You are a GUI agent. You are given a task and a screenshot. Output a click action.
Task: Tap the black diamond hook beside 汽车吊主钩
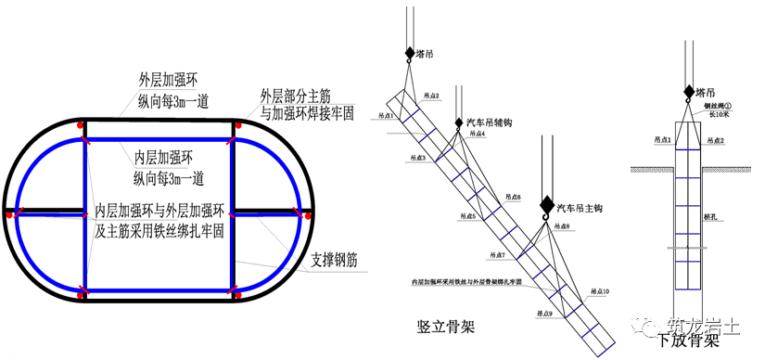pyautogui.click(x=545, y=205)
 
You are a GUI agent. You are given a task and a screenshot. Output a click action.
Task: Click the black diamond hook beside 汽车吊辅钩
pyautogui.click(x=458, y=123)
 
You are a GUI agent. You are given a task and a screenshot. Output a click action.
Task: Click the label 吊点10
pyautogui.click(x=600, y=289)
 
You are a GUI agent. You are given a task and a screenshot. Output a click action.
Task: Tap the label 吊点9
pyautogui.click(x=541, y=314)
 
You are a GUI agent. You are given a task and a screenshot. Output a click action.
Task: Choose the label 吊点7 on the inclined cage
pyautogui.click(x=499, y=254)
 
